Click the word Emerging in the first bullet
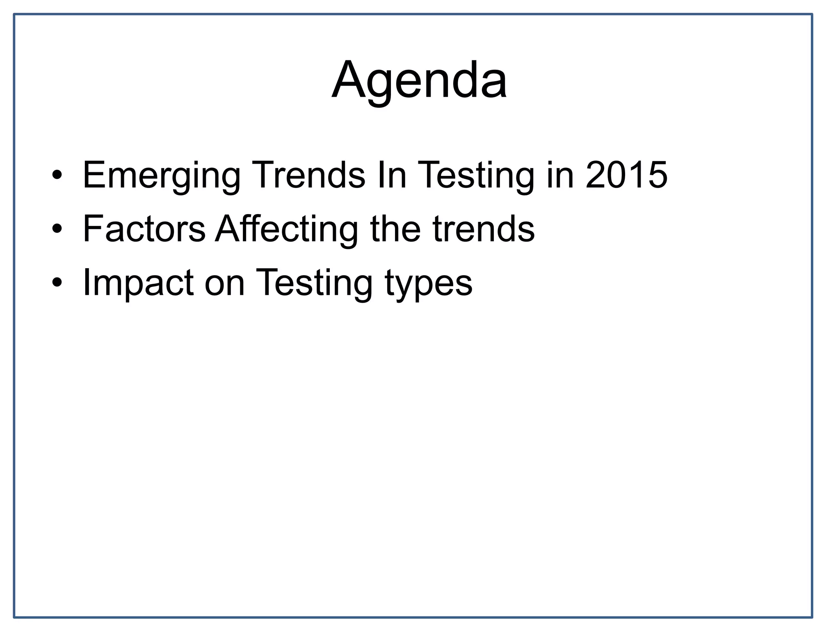coord(162,176)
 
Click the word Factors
coord(144,228)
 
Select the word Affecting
coord(287,229)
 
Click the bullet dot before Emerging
coord(57,176)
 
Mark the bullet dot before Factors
coord(57,229)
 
